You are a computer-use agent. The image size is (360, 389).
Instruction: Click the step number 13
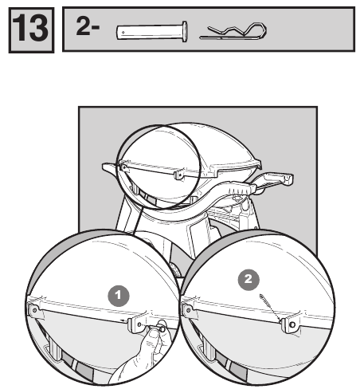[x=30, y=29]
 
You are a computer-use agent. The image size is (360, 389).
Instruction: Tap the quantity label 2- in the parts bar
[x=88, y=26]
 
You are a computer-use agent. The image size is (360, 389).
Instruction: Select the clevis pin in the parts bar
[x=151, y=32]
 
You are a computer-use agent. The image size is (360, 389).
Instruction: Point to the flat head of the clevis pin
[x=185, y=31]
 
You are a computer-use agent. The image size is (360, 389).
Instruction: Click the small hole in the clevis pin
[x=123, y=33]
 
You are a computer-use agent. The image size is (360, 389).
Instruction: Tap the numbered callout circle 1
[x=119, y=296]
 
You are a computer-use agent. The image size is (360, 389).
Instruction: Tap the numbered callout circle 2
[x=248, y=280]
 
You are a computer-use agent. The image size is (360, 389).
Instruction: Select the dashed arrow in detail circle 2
[x=270, y=308]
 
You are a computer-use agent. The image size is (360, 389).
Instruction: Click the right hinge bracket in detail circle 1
[x=138, y=324]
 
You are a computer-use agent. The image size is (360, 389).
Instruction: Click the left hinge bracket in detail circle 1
[x=34, y=310]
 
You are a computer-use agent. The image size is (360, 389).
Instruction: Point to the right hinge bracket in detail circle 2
[x=292, y=324]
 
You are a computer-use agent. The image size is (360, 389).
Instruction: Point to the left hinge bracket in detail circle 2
[x=188, y=310]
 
